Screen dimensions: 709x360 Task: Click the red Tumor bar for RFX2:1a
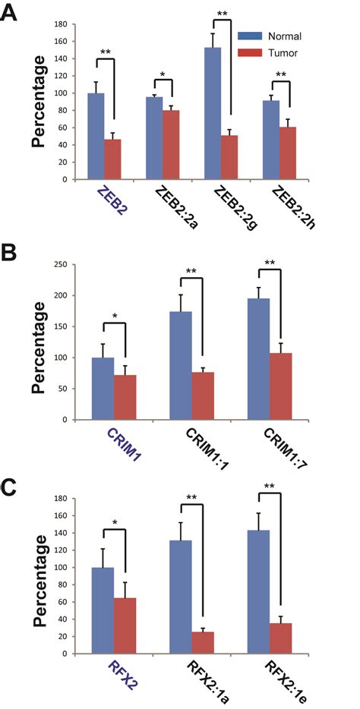pos(203,642)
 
